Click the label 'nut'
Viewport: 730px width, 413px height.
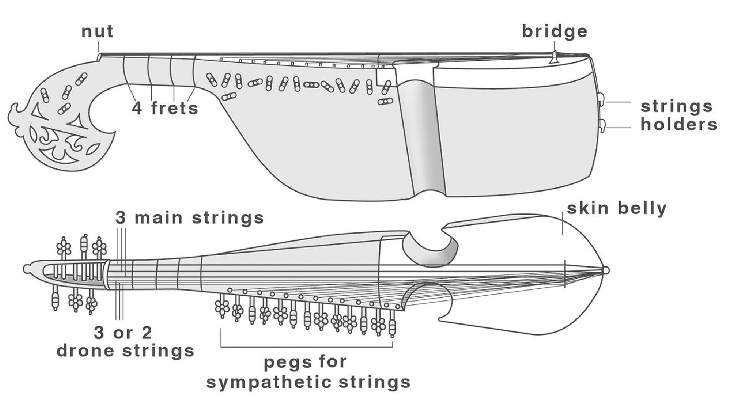pos(97,32)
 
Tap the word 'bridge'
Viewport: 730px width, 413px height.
pos(554,31)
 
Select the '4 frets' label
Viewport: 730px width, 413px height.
pos(165,109)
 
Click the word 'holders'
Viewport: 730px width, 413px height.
pos(679,124)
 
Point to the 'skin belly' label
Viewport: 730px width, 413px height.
pos(616,208)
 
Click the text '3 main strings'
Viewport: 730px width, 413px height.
pos(189,218)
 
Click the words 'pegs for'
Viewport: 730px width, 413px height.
pos(305,362)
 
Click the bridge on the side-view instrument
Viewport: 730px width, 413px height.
pos(555,55)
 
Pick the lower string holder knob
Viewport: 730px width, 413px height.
pos(603,125)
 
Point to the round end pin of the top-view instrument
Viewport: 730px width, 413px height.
pos(606,270)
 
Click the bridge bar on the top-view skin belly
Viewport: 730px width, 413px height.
pos(565,274)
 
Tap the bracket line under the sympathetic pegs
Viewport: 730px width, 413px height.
pos(307,346)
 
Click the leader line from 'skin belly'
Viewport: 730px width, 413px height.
pos(563,225)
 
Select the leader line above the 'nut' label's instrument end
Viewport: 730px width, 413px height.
pos(98,47)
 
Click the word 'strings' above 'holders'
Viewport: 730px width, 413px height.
pos(676,106)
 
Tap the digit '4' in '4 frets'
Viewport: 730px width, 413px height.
pos(137,109)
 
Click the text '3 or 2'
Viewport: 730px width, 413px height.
pos(123,332)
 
